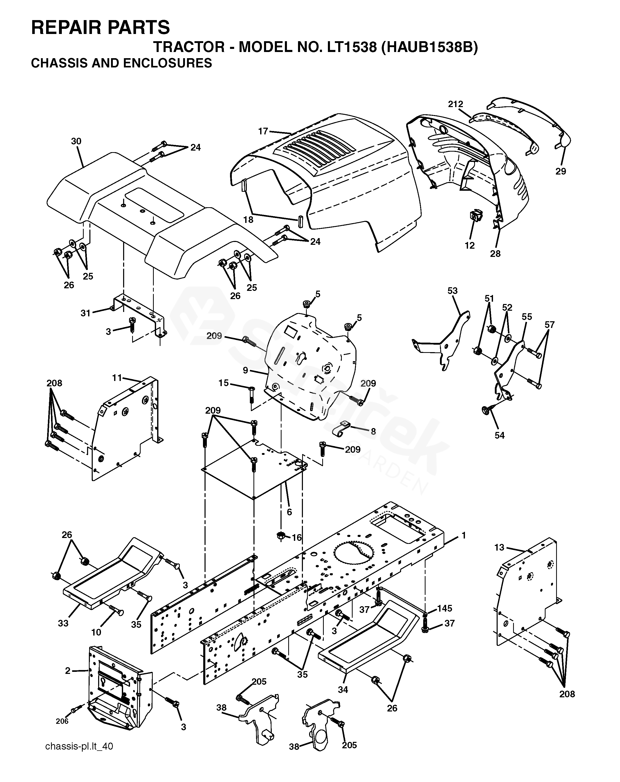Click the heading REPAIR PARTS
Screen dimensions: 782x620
(x=100, y=27)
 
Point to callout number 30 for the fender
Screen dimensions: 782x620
(x=76, y=142)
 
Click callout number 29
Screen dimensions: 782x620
(x=560, y=171)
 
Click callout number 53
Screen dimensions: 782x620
(x=452, y=291)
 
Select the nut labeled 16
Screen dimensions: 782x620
(x=280, y=535)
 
